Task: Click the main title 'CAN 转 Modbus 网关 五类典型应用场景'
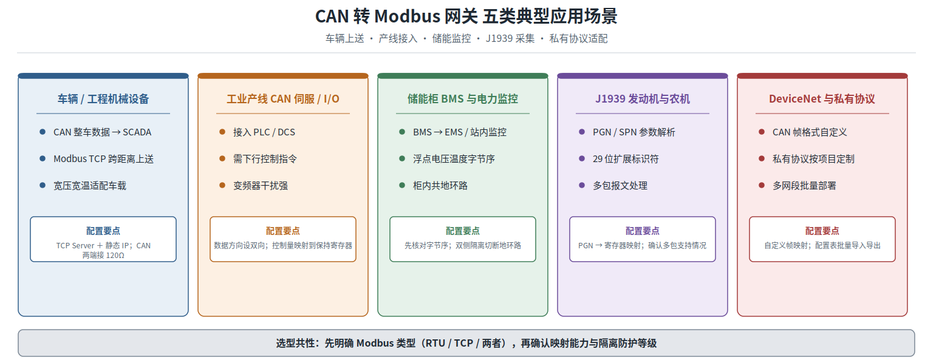(466, 16)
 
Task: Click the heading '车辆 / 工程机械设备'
(103, 99)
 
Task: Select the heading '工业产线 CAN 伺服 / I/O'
(283, 99)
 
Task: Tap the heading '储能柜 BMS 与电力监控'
(463, 99)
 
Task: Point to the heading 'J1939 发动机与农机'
(643, 99)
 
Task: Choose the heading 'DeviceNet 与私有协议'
(822, 99)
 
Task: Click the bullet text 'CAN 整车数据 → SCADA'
(102, 132)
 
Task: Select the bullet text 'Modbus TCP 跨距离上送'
(103, 159)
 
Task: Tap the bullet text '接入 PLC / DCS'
(264, 132)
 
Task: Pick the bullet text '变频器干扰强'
(261, 186)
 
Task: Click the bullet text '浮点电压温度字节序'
(454, 159)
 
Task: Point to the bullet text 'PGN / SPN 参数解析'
(634, 132)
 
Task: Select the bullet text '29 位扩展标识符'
(626, 159)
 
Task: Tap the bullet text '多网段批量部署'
(804, 186)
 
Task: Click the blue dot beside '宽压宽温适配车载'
(43, 185)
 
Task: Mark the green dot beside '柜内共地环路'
(402, 185)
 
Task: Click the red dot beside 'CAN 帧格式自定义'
(762, 132)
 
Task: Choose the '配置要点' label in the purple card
(642, 231)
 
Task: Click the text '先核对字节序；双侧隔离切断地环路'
(463, 246)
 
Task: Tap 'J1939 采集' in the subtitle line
(510, 39)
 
